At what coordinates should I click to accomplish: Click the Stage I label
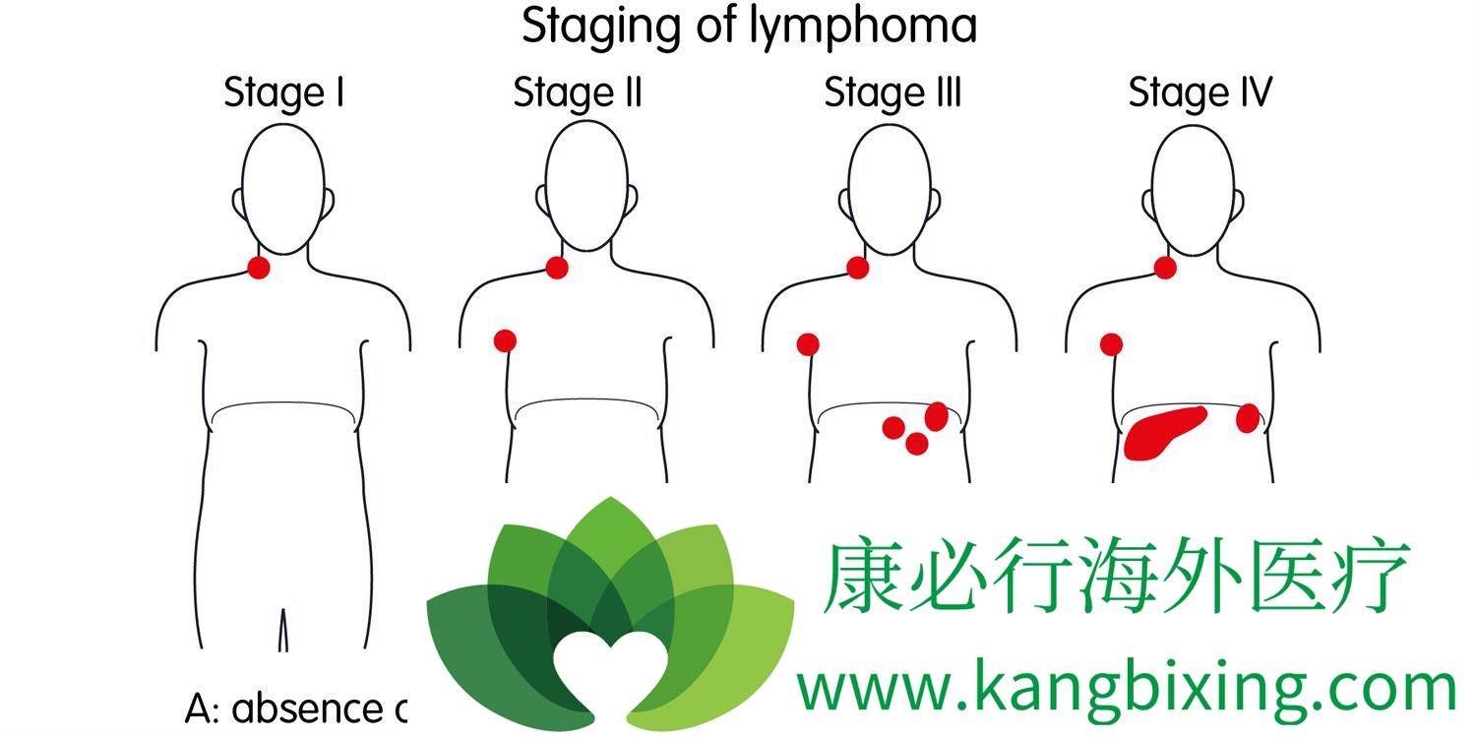point(284,92)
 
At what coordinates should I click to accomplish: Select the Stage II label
point(578,92)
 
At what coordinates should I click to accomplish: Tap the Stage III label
point(892,92)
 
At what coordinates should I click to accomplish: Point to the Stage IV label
point(1199,92)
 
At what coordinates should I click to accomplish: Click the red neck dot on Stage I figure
point(259,268)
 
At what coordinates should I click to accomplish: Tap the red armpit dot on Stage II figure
point(506,341)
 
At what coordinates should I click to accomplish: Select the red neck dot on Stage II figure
point(557,268)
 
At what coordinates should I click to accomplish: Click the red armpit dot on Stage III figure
point(808,344)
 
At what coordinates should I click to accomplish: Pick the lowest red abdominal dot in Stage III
point(916,444)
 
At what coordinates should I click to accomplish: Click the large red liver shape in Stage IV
point(1163,433)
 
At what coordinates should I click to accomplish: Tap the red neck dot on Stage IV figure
point(1165,268)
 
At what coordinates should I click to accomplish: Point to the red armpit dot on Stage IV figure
point(1112,344)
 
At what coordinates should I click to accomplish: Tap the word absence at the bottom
point(307,709)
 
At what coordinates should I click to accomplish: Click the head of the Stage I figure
point(283,189)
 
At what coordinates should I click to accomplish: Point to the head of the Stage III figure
point(890,189)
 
